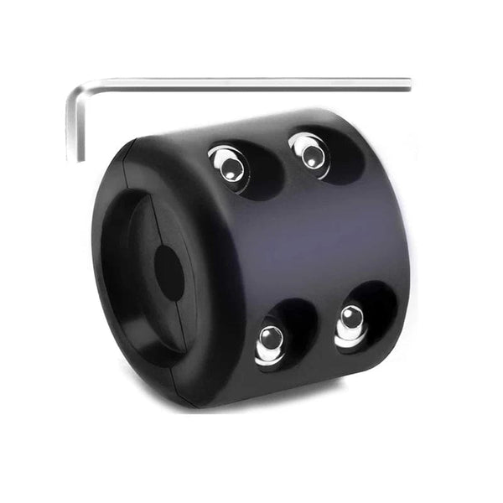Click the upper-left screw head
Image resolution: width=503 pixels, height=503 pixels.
pyautogui.click(x=228, y=165)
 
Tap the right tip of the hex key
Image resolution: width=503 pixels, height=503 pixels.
pyautogui.click(x=408, y=83)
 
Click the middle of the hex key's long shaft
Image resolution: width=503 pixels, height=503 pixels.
pyautogui.click(x=243, y=83)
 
